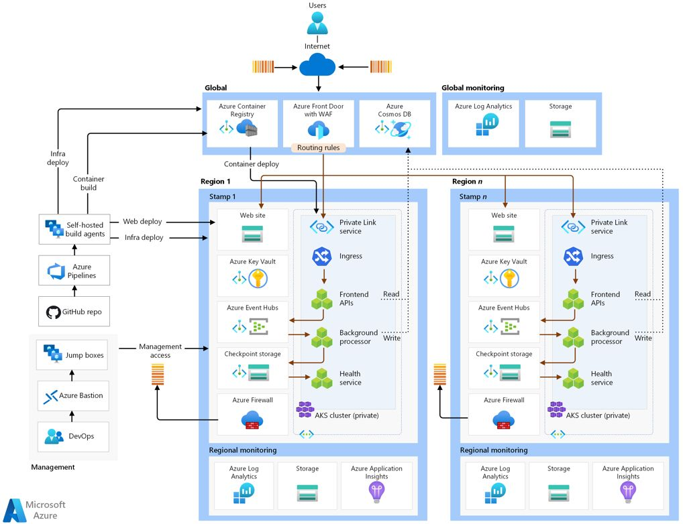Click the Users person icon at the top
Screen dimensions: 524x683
(317, 23)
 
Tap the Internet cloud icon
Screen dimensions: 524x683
(317, 66)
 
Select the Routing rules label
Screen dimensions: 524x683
(319, 147)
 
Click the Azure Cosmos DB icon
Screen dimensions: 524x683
(403, 129)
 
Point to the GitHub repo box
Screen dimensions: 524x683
(73, 312)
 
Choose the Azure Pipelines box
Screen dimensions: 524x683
(73, 271)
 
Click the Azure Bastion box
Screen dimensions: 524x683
(73, 395)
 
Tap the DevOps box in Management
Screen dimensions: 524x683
(73, 436)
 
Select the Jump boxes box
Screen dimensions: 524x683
(73, 355)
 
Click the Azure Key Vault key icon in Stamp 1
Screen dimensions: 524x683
(258, 278)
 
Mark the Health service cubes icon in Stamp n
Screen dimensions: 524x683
(574, 379)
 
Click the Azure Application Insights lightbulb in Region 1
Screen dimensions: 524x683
(376, 493)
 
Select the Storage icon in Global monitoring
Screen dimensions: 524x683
(560, 129)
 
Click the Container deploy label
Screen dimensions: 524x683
(252, 163)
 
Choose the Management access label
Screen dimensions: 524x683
(160, 350)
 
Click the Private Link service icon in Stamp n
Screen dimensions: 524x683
(573, 226)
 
